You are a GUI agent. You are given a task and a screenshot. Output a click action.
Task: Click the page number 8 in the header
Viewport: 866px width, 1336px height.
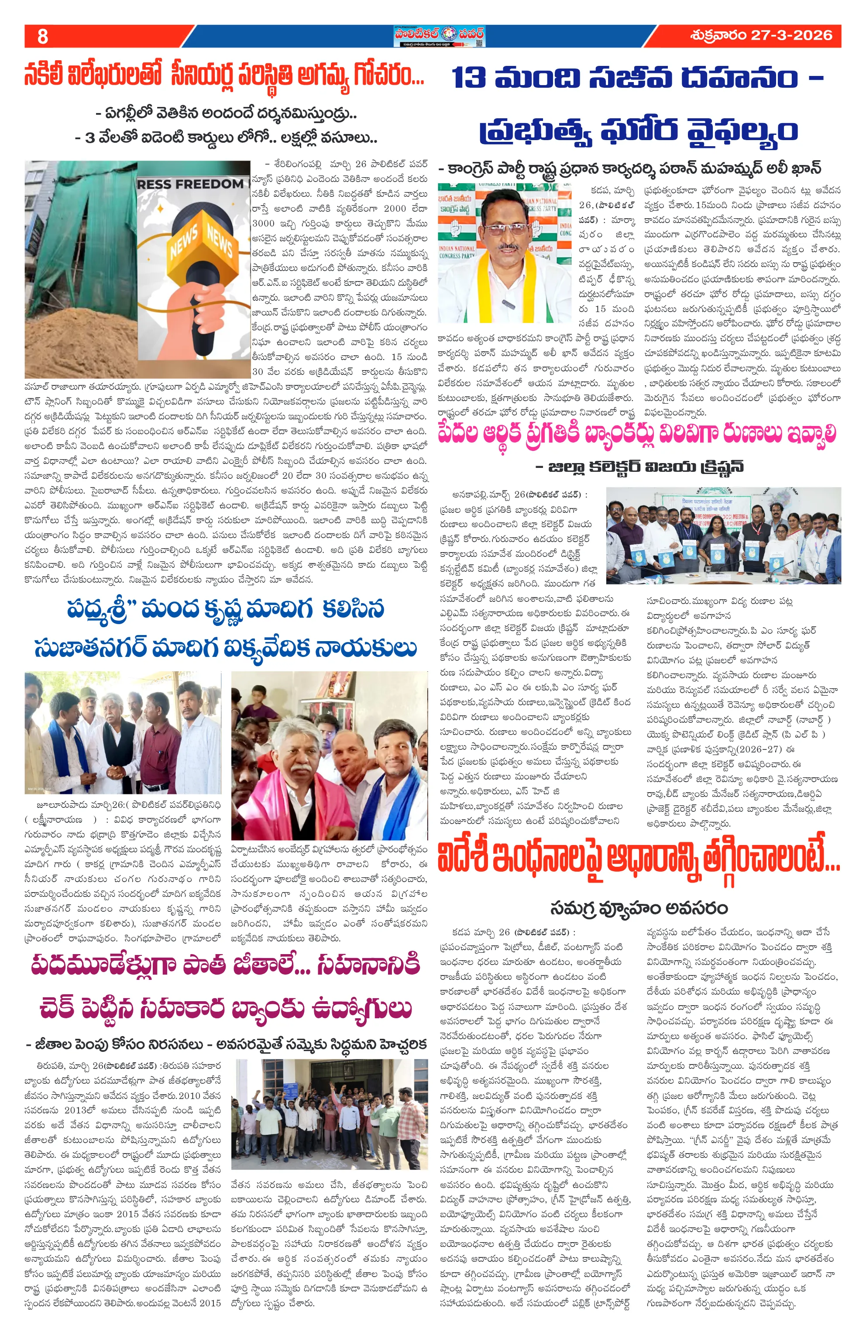[42, 37]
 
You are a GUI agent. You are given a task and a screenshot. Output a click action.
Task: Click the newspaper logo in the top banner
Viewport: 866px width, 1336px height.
[438, 36]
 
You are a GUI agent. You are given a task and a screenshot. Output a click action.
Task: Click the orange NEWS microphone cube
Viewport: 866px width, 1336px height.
[200, 235]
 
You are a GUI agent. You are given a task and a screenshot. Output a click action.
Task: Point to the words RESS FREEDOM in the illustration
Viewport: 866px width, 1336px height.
[190, 184]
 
